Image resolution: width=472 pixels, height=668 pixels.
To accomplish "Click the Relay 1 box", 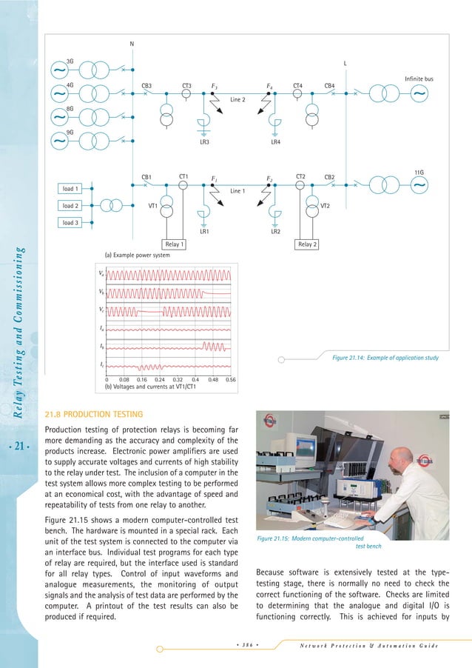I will point(173,244).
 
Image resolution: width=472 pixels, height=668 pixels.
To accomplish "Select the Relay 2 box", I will point(308,244).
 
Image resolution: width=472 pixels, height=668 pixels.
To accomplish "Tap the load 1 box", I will point(70,190).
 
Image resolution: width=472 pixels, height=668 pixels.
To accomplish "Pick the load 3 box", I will point(70,222).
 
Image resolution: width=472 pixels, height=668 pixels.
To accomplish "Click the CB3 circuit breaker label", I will point(146,86).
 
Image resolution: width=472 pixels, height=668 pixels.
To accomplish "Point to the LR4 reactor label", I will point(275,141).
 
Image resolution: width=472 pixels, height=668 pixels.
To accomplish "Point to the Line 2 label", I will point(237,99).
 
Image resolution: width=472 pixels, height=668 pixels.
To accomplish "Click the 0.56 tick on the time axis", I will point(230,378).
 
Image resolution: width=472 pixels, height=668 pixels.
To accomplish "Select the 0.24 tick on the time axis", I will point(159,378).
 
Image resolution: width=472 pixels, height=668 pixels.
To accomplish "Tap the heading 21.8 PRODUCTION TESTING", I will point(98,413).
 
